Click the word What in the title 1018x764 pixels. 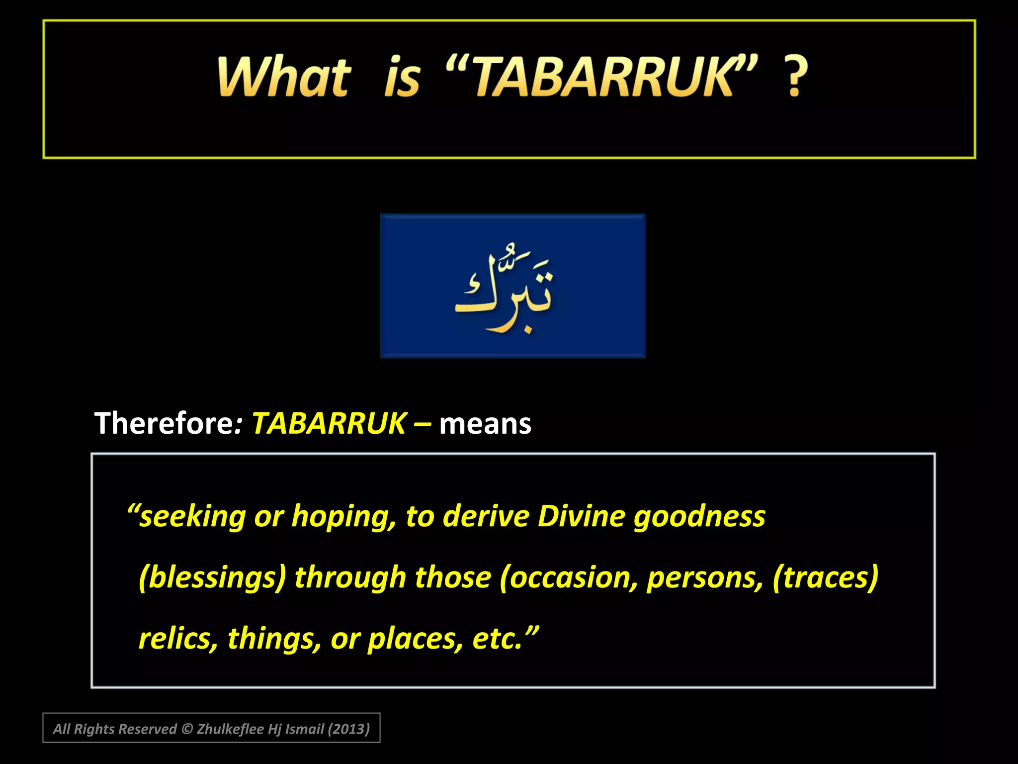284,77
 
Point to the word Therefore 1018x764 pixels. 164,423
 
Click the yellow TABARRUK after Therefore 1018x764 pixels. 329,423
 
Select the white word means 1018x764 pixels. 485,424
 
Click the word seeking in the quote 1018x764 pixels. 192,517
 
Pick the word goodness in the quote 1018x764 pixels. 699,517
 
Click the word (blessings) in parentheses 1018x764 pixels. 212,577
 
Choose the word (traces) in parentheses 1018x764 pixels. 825,577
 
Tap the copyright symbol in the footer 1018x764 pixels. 187,729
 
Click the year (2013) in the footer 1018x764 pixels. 348,729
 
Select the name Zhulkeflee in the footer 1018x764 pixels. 230,729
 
